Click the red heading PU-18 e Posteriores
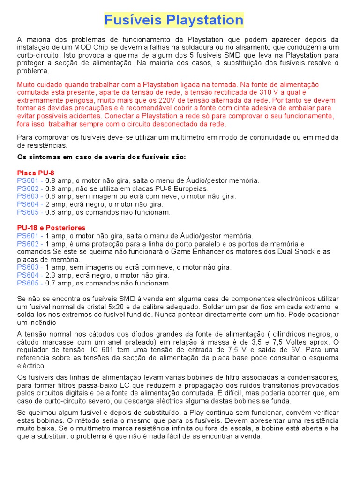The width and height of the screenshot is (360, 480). point(51,228)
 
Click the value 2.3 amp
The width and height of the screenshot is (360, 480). point(57,275)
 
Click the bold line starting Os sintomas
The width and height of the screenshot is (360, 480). point(101,157)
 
